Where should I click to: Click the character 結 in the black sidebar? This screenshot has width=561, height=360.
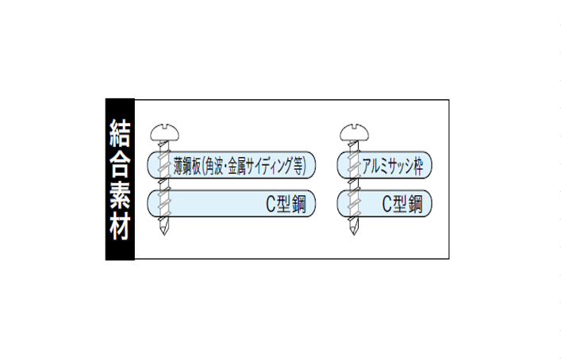[120, 132]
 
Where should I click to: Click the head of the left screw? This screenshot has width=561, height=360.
[164, 132]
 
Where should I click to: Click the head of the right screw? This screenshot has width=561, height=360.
[354, 132]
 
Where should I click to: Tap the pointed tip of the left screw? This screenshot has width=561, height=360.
[164, 235]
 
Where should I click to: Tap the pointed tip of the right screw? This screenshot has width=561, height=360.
[354, 235]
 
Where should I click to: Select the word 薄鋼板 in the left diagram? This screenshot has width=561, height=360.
[187, 166]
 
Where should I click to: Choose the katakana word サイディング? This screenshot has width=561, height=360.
[269, 166]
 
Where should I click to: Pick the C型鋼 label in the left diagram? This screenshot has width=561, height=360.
[286, 204]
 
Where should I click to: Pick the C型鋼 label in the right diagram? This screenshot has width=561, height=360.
[402, 204]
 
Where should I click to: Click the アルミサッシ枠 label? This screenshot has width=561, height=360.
[393, 166]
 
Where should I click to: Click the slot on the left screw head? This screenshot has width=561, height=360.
[164, 126]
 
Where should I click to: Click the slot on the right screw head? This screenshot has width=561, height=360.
[354, 126]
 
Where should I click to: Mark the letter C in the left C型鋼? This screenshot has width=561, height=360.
[271, 204]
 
